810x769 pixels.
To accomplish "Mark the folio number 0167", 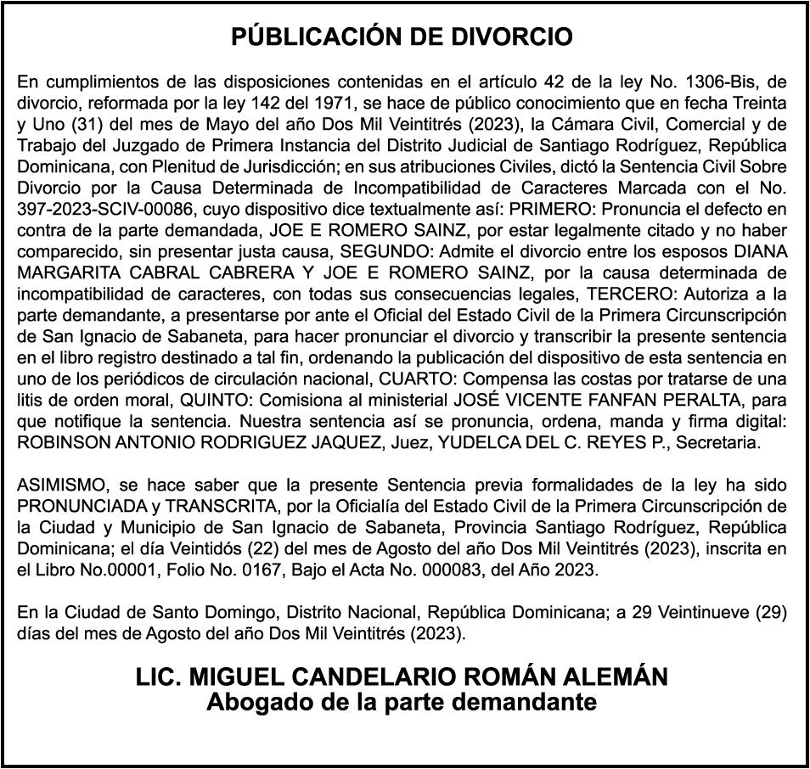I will pos(240,571).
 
